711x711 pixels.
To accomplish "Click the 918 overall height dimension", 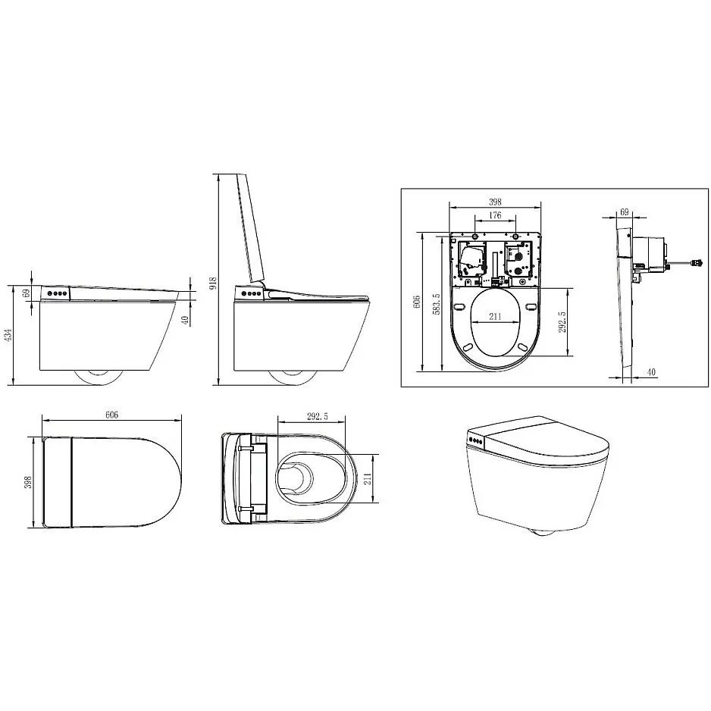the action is point(214,283).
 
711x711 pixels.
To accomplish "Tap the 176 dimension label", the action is point(495,215).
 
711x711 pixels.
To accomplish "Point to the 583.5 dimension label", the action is point(436,304).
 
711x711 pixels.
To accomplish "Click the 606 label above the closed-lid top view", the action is point(111,415).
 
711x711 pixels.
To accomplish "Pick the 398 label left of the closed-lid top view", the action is point(28,483).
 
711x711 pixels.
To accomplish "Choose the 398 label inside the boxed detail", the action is point(495,202).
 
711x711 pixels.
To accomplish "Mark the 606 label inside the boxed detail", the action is point(417,302).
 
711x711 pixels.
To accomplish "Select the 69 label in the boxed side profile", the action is point(625,211).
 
